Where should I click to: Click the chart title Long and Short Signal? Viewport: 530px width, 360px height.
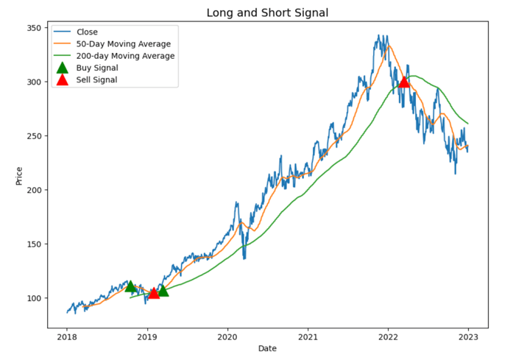pyautogui.click(x=267, y=13)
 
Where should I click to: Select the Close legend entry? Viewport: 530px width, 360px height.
pyautogui.click(x=87, y=32)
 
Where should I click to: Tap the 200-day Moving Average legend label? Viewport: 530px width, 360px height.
pyautogui.click(x=125, y=55)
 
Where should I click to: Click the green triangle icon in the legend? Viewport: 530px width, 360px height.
pyautogui.click(x=62, y=68)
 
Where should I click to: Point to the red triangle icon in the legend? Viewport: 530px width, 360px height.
pyautogui.click(x=62, y=80)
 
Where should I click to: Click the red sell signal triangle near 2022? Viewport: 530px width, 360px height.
pyautogui.click(x=403, y=82)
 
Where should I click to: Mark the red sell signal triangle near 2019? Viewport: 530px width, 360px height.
pyautogui.click(x=154, y=293)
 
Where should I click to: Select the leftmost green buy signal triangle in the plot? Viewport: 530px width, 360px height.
pyautogui.click(x=130, y=286)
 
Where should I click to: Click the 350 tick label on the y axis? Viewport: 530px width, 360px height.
pyautogui.click(x=37, y=28)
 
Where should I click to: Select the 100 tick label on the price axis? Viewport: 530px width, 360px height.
pyautogui.click(x=37, y=298)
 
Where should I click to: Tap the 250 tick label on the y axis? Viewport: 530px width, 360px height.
pyautogui.click(x=37, y=136)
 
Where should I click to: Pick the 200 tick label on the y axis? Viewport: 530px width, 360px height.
pyautogui.click(x=37, y=190)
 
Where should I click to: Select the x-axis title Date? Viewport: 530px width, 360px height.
pyautogui.click(x=267, y=348)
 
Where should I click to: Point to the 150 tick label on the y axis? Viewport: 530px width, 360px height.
pyautogui.click(x=37, y=244)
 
